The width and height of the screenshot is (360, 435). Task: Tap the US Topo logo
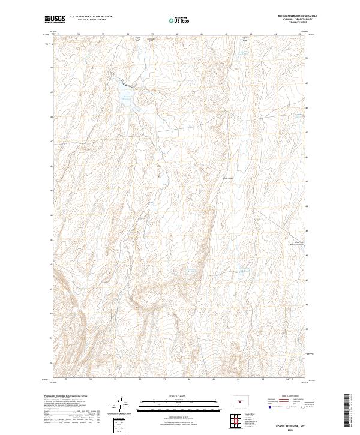[179, 21]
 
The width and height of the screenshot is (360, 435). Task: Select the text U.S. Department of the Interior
[89, 17]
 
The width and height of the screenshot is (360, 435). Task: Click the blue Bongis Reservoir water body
[127, 99]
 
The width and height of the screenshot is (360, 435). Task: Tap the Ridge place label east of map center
[227, 178]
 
